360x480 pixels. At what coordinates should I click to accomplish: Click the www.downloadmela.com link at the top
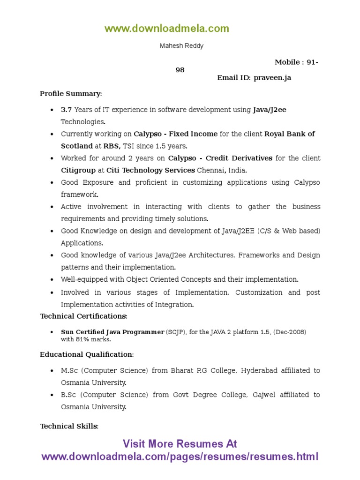pyautogui.click(x=167, y=29)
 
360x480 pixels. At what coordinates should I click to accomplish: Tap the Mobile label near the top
pyautogui.click(x=287, y=62)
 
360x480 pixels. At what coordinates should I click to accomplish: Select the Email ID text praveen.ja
pyautogui.click(x=272, y=78)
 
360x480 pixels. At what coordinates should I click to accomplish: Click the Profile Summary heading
pyautogui.click(x=70, y=94)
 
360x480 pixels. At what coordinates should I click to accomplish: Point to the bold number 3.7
pyautogui.click(x=67, y=110)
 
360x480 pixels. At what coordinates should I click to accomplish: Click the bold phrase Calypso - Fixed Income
pyautogui.click(x=175, y=134)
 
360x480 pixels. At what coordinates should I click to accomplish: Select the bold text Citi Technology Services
pyautogui.click(x=150, y=170)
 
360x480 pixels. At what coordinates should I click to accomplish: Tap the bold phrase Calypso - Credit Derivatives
pyautogui.click(x=220, y=158)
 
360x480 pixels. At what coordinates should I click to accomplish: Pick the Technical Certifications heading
pyautogui.click(x=83, y=316)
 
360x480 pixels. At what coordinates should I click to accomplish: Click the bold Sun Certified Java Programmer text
pyautogui.click(x=112, y=332)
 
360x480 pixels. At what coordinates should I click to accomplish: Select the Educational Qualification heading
pyautogui.click(x=87, y=354)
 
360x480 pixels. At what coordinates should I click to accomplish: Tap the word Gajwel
pyautogui.click(x=264, y=395)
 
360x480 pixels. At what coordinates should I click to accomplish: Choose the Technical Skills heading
pyautogui.click(x=69, y=426)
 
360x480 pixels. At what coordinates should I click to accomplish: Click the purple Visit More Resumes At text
pyautogui.click(x=180, y=444)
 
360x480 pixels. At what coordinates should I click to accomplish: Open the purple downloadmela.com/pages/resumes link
pyautogui.click(x=180, y=457)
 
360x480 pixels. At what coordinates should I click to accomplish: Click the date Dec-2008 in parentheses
pyautogui.click(x=290, y=332)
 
